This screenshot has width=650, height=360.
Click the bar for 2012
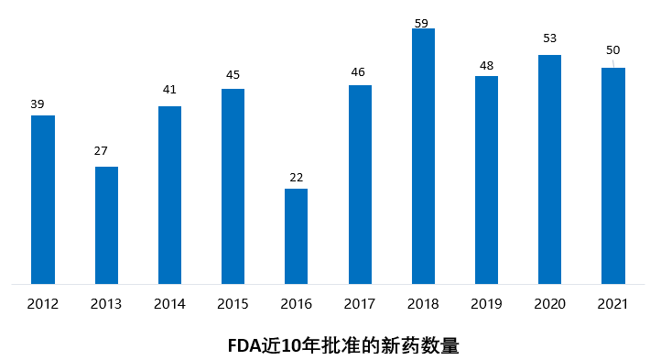tap(43, 200)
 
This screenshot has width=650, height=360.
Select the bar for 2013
tap(106, 225)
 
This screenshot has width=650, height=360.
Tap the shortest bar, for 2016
tap(296, 236)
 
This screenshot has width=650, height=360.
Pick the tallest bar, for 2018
tap(423, 157)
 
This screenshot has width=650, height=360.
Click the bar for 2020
tap(549, 169)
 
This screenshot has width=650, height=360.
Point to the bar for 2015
tap(233, 186)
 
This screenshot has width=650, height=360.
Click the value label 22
tap(296, 177)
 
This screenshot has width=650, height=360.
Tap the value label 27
tap(102, 151)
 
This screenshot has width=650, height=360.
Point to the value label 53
tap(548, 38)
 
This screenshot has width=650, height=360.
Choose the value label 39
tap(38, 104)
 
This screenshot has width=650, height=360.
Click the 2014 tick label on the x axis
tap(169, 303)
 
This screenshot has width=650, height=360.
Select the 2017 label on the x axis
tap(360, 303)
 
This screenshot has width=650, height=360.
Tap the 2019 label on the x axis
tap(486, 303)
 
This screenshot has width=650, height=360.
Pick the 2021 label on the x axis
tap(612, 303)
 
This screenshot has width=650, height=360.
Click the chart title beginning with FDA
tap(342, 346)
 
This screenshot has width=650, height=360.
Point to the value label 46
tap(359, 72)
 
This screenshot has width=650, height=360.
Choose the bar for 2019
tap(486, 180)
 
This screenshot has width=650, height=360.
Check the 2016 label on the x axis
tap(296, 303)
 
